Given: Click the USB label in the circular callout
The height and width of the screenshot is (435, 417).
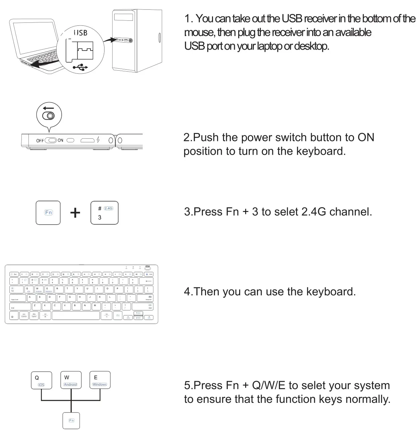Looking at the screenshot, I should click(x=80, y=32).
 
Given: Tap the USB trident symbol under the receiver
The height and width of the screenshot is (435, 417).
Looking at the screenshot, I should click(x=80, y=68).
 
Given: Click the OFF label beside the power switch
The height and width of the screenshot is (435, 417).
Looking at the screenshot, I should click(x=40, y=141).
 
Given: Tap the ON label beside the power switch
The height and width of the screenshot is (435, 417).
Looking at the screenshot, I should click(x=60, y=140).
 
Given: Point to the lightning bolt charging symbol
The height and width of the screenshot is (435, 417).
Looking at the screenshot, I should click(x=98, y=140).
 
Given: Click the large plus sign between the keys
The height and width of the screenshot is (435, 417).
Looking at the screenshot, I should click(x=75, y=213).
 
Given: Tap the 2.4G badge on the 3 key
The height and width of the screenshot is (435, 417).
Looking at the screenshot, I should click(x=109, y=208).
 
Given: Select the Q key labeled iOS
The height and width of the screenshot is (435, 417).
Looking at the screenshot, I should click(x=42, y=380).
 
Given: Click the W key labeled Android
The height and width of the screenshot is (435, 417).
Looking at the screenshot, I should click(x=71, y=380).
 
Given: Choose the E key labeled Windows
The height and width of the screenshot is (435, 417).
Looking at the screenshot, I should click(x=100, y=380).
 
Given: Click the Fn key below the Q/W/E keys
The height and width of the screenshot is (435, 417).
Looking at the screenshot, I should click(x=71, y=421).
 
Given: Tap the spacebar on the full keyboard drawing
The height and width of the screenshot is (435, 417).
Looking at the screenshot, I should click(x=76, y=315).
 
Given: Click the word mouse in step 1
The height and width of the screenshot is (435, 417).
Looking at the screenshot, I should click(x=199, y=32).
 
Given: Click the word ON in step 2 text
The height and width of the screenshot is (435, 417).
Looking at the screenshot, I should click(x=366, y=137).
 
